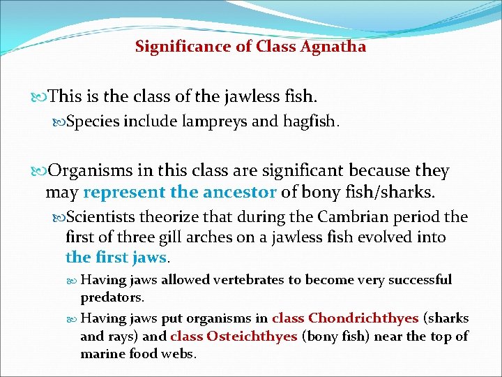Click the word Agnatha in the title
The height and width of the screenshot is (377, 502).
[x=334, y=47]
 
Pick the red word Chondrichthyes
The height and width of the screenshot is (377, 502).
[x=363, y=318]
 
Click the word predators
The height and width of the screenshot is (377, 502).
[x=112, y=297]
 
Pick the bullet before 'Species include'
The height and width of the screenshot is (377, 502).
[x=60, y=124]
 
